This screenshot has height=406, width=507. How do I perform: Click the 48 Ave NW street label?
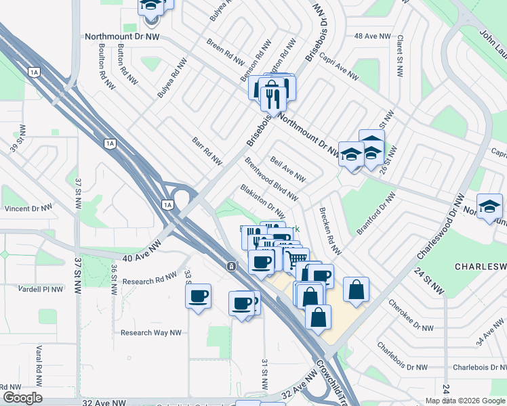pos(373,36)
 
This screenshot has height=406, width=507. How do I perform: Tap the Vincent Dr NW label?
pos(27,209)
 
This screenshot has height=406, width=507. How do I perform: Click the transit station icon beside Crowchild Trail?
pos(231,265)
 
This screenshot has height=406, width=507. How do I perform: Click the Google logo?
pos(22,398)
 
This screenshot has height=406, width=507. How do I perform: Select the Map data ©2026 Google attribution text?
pos(465,401)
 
